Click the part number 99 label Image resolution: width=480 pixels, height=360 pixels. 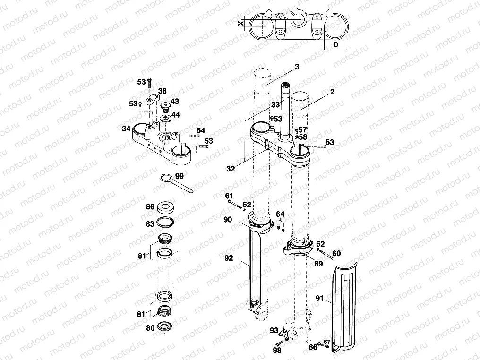pyautogui.click(x=180, y=176)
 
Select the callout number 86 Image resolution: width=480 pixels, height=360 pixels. pyautogui.click(x=150, y=207)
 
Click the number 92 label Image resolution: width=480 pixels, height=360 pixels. pyautogui.click(x=229, y=258)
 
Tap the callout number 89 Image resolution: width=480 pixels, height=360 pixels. pyautogui.click(x=318, y=264)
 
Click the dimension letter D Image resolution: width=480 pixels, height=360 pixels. pyautogui.click(x=335, y=45)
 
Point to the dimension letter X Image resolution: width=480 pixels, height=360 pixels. pyautogui.click(x=240, y=23)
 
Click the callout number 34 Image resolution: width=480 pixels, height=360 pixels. pyautogui.click(x=126, y=128)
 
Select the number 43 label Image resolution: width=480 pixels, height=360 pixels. pyautogui.click(x=175, y=101)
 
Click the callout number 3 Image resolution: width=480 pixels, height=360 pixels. pyautogui.click(x=297, y=67)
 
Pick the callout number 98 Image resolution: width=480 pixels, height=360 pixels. pyautogui.click(x=277, y=350)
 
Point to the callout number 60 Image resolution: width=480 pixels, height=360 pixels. pyautogui.click(x=336, y=254)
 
